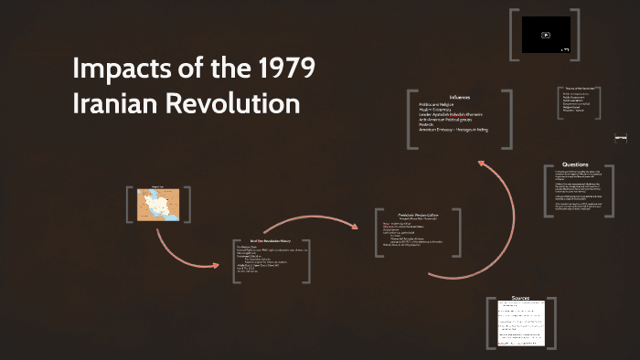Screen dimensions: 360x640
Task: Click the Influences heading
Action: [x=459, y=98]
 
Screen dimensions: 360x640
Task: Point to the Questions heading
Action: [x=575, y=164]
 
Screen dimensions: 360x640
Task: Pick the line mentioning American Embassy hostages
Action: [x=453, y=130]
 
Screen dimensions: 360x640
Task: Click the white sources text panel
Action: [x=520, y=324]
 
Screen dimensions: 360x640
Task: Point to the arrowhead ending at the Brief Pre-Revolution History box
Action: [x=217, y=266]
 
